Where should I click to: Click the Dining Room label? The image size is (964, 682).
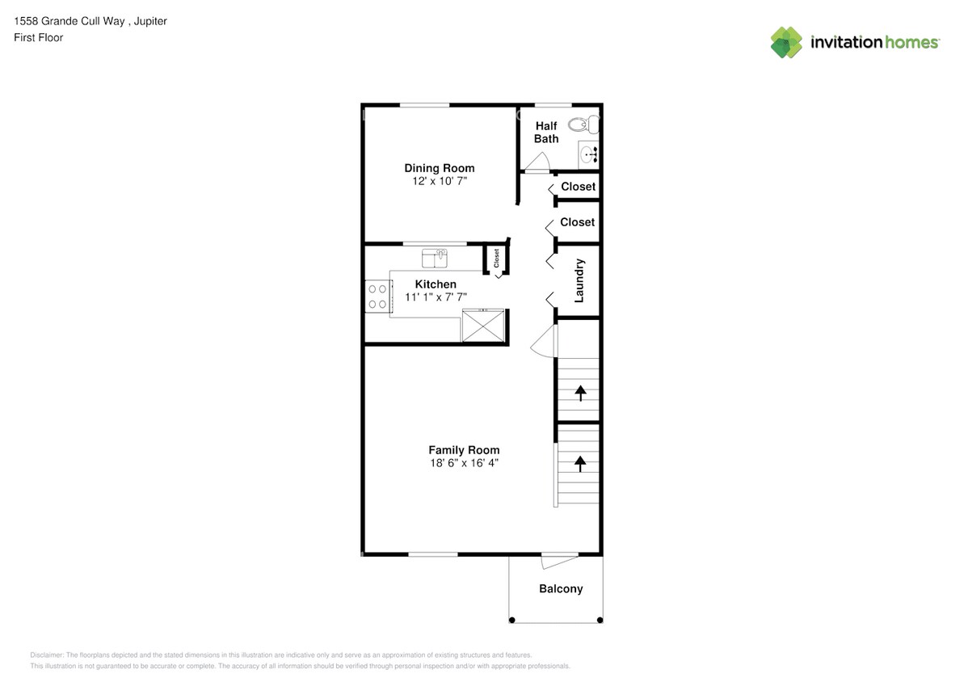440,168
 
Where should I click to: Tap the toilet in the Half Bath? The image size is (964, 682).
583,124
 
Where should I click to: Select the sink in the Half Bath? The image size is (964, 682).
588,154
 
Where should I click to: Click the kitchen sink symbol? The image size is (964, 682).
435,258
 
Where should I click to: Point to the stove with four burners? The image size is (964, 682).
377,296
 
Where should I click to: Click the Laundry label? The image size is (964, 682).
579,280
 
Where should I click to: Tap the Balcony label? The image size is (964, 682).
561,589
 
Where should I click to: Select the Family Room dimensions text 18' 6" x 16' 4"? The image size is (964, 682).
464,463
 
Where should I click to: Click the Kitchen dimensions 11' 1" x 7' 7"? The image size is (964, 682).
436,297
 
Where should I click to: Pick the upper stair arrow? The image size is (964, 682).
579,393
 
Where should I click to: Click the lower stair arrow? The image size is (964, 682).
579,463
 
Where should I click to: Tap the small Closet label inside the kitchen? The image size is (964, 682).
496,259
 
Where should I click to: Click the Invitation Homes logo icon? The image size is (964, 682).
786,42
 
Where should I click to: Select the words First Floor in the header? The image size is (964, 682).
38,37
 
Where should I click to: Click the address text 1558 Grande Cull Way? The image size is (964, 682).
69,22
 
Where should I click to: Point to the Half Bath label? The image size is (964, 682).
546,133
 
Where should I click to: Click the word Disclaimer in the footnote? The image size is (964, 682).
46,655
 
